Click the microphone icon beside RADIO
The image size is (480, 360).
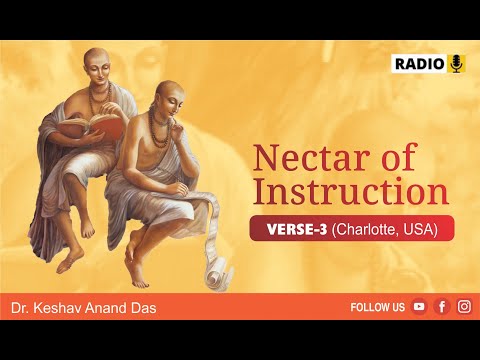pyautogui.click(x=456, y=64)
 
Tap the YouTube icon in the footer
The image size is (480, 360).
pyautogui.click(x=419, y=307)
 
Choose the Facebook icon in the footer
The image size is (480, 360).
pyautogui.click(x=441, y=307)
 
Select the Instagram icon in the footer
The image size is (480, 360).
pyautogui.click(x=464, y=307)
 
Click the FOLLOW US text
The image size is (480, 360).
pyautogui.click(x=378, y=307)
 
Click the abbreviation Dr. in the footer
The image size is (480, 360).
pyautogui.click(x=21, y=307)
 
